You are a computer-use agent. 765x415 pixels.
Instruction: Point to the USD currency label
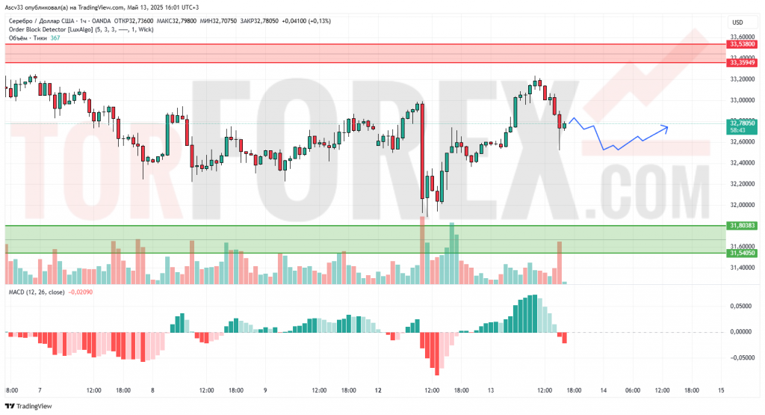(x=738, y=22)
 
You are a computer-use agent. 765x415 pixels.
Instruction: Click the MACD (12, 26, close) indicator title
(x=37, y=292)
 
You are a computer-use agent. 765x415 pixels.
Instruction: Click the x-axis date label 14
(x=602, y=390)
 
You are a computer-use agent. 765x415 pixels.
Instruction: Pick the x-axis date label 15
(x=721, y=390)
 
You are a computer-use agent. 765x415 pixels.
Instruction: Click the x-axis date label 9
(x=265, y=390)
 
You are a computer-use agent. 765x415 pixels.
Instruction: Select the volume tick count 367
(x=55, y=38)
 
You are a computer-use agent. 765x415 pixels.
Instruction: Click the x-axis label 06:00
(x=632, y=390)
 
